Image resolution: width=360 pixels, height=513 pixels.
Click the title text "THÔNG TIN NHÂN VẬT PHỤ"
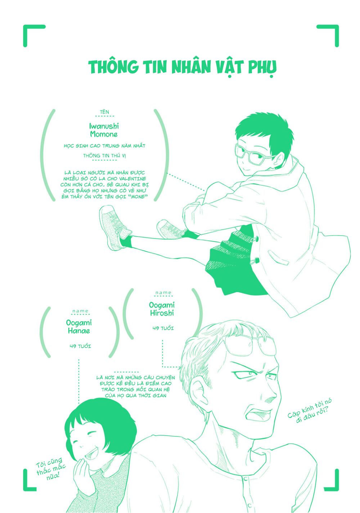point(183,68)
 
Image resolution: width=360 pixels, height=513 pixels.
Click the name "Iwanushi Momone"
point(104,130)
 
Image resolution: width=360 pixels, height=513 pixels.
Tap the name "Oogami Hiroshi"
point(162,309)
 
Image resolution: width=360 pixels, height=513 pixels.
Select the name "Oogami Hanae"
point(79,327)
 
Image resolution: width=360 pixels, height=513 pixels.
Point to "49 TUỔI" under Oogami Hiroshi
point(163,328)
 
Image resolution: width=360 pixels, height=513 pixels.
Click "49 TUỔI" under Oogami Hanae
point(80,346)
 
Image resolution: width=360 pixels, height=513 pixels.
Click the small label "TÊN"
point(104,112)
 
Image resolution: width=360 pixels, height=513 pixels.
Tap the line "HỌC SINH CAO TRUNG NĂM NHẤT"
point(104,146)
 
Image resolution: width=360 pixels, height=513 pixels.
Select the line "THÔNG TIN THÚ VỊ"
point(104,156)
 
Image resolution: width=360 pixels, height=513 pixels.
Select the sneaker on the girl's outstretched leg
point(114,228)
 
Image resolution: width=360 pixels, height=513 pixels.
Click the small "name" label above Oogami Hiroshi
point(163,293)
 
